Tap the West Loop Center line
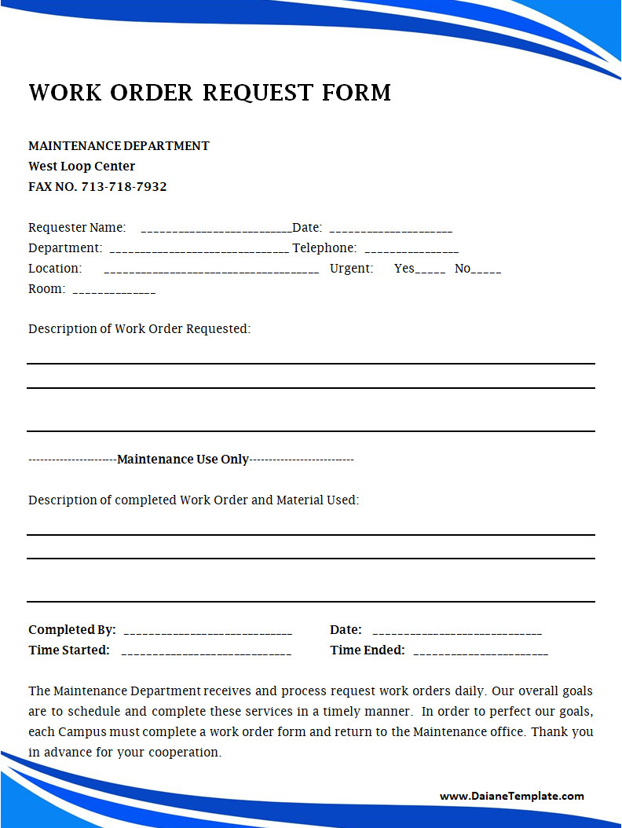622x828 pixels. coord(82,167)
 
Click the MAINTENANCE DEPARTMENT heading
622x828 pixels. coord(119,146)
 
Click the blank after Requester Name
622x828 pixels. coord(216,229)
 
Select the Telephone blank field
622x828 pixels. coord(412,250)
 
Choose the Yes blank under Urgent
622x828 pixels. coord(430,270)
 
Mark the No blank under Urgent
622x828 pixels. coord(487,270)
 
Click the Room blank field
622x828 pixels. coord(114,291)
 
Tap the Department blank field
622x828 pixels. coord(199,250)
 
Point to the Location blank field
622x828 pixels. coord(211,270)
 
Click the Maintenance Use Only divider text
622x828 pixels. coord(183,460)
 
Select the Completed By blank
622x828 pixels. coord(208,632)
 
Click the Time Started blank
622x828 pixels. coord(207,652)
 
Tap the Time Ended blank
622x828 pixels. coord(481,652)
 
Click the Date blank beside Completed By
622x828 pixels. coord(457,632)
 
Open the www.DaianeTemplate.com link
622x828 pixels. coord(511,796)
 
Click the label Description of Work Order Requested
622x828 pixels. coord(140,329)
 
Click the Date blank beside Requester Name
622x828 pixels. coord(391,229)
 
